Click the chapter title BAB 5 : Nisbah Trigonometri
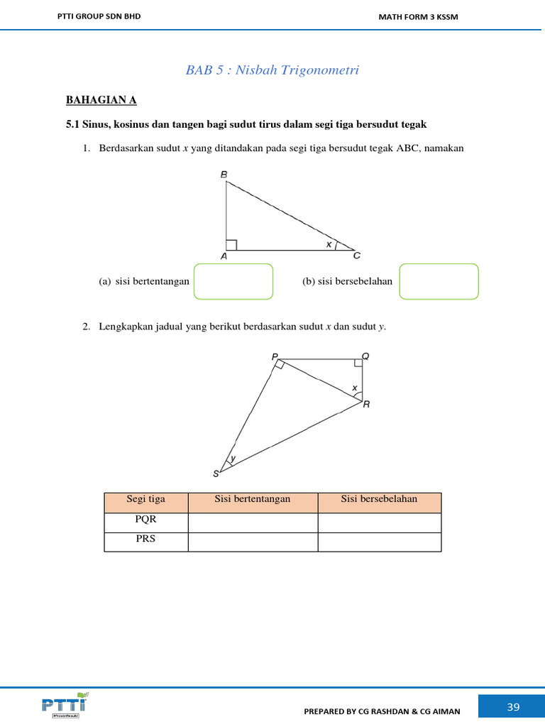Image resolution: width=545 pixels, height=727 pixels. pos(272,70)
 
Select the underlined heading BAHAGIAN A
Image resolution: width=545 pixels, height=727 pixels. pos(101,100)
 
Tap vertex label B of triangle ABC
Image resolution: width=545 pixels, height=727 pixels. pos(224,174)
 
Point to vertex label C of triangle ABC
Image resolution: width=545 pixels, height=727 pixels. pos(357,256)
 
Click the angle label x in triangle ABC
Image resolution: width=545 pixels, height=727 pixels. pos(329,244)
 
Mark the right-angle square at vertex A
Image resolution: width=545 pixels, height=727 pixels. pos(231,245)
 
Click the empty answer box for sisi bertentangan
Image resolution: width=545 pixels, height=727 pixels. pos(233,281)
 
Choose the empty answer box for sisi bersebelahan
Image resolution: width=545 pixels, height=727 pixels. pos(439,281)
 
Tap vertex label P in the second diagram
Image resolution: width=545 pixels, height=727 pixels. pos(275,357)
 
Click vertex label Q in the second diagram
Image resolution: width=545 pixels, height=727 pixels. pos(365,356)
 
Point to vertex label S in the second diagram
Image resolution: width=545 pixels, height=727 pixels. pos(216,474)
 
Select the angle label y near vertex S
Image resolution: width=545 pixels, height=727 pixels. pos(232,459)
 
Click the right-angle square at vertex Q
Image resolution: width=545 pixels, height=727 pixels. pos(358,363)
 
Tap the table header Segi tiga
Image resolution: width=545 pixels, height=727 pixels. pos(145,499)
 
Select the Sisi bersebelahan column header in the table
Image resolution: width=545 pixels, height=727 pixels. pos(379,499)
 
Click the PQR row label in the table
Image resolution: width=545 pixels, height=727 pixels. pos(145,519)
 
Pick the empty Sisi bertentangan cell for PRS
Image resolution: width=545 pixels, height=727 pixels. pos(253,542)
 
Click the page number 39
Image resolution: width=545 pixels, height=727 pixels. pos(514,706)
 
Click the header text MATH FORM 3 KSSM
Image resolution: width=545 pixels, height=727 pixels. pos(418,17)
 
